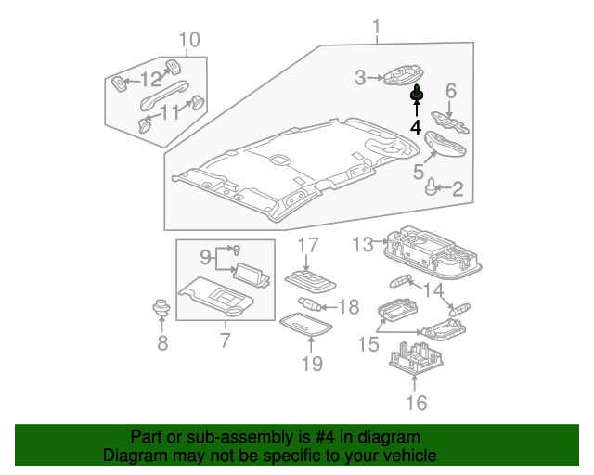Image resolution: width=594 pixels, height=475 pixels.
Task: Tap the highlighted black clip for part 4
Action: click(x=417, y=94)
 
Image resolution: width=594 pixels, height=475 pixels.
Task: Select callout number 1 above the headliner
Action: click(x=377, y=27)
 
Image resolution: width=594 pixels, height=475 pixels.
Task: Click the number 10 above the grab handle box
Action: click(x=188, y=40)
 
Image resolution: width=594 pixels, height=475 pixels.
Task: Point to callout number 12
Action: click(x=150, y=79)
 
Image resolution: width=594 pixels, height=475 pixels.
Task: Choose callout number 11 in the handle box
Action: click(x=169, y=112)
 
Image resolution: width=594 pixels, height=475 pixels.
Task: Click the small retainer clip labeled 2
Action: click(x=432, y=189)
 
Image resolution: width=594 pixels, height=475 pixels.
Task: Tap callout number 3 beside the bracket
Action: click(x=361, y=78)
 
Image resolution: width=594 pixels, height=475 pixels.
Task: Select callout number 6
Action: click(x=451, y=91)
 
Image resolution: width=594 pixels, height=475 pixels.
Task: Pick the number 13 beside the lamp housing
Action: click(x=363, y=244)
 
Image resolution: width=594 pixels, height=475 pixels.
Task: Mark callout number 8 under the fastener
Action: click(x=162, y=345)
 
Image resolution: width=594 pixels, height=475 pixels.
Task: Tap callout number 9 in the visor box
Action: click(x=205, y=255)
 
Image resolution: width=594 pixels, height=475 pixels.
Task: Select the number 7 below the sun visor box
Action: click(x=225, y=340)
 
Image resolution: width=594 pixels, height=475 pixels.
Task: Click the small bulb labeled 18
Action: click(x=312, y=304)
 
